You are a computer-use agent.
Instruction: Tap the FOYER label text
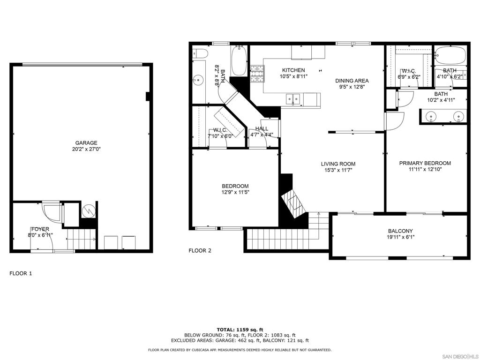point(40,229)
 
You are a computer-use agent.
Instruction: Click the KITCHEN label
point(293,70)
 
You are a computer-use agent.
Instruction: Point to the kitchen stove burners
point(257,74)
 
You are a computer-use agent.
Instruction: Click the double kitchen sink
point(293,99)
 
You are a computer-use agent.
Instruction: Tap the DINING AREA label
point(352,81)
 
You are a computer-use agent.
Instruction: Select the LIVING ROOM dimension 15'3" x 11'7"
point(338,170)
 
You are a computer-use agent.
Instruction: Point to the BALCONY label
point(400,231)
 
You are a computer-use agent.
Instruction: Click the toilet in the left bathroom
point(201,53)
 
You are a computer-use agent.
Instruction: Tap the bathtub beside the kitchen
point(239,61)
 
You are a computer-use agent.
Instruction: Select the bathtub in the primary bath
point(450,56)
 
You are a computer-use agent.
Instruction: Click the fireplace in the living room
point(294,202)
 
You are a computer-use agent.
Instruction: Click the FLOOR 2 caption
point(200,251)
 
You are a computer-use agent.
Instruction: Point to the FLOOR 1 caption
point(21,273)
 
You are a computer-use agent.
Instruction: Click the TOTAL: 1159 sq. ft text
point(240,330)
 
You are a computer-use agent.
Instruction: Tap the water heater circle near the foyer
point(89,210)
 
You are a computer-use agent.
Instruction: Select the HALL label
point(262,128)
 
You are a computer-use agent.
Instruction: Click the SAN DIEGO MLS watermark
point(461,356)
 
